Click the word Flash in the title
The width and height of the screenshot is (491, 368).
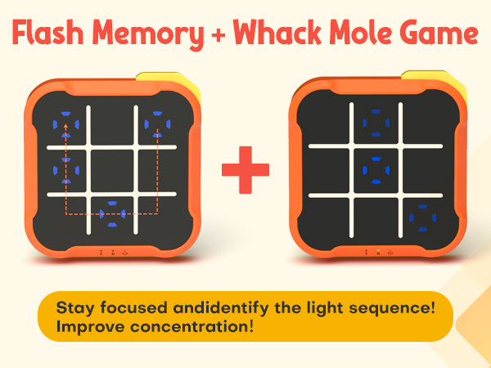[x=47, y=32]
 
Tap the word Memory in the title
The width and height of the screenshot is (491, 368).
[x=148, y=34]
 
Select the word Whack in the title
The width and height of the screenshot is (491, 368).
[x=277, y=32]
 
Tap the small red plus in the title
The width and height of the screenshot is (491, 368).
[x=218, y=34]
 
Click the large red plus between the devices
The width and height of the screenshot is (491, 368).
[x=245, y=170]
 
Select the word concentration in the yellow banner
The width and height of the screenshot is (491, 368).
[x=191, y=327]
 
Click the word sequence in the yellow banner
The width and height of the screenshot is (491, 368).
[x=392, y=308]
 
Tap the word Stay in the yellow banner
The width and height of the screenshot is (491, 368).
[x=75, y=308]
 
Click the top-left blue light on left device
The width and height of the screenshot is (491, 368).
[x=65, y=124]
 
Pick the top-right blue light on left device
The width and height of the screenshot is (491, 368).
[x=157, y=124]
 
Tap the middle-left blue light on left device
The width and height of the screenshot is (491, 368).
[x=66, y=171]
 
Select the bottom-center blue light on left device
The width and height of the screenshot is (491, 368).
[x=112, y=214]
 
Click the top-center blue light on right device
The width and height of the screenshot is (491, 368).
[x=376, y=123]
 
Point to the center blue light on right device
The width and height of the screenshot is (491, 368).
[x=376, y=170]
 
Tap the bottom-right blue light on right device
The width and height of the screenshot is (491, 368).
[x=423, y=218]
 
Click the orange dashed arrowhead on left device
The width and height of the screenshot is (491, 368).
[x=65, y=126]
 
